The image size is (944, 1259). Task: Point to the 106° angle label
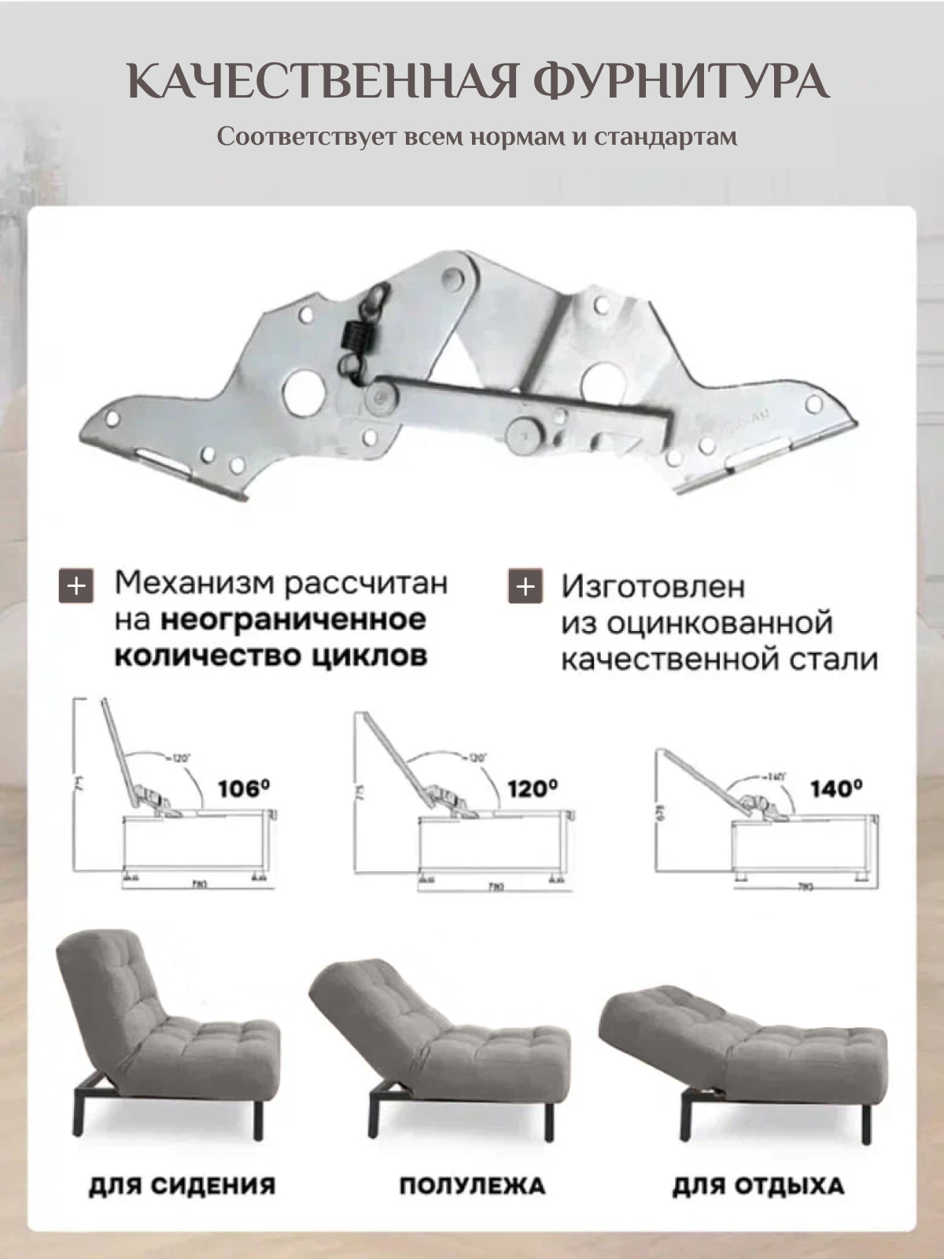244,788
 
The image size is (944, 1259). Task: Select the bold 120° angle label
533,788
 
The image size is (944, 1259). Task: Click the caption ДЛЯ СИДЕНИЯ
182,1186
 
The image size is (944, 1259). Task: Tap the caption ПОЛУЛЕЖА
472,1186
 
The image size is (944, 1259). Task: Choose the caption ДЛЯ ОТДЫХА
758,1186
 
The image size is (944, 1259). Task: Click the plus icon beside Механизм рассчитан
76,586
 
